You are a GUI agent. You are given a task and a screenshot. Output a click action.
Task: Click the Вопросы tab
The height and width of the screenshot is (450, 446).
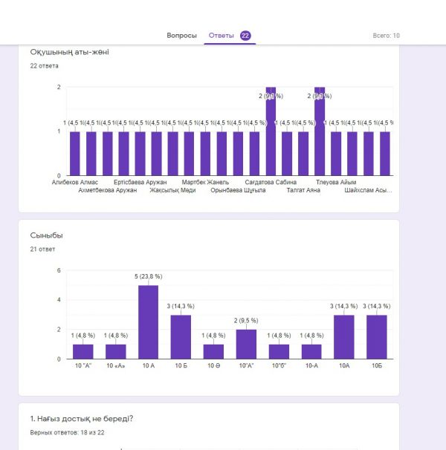(181, 36)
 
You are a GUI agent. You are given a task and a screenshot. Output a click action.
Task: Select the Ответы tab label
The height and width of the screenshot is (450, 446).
(221, 36)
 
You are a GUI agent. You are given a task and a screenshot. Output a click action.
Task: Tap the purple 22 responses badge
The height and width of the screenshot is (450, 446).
(245, 36)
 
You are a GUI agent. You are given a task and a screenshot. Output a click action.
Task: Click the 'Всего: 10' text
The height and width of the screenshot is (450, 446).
(386, 36)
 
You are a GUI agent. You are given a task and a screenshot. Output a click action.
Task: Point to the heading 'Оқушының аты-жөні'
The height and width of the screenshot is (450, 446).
(70, 52)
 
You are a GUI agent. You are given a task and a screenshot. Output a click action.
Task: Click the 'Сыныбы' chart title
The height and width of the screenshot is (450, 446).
(46, 235)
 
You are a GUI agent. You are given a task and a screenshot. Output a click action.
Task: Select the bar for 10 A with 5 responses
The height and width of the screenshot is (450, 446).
(148, 322)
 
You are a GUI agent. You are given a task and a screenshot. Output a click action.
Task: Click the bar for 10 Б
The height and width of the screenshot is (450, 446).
(181, 337)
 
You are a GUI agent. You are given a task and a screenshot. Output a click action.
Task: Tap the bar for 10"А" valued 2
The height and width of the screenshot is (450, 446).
(246, 345)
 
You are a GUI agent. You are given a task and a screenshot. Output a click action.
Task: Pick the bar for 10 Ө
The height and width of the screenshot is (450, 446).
(213, 352)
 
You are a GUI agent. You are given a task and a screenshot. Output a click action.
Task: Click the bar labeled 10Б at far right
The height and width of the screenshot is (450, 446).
(377, 337)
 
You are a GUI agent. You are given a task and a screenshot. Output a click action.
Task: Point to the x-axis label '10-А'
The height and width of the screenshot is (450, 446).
(311, 366)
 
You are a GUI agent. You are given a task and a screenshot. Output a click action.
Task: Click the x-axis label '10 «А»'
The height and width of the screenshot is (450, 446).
(115, 366)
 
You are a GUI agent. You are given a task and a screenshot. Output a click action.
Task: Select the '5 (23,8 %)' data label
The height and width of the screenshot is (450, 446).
(148, 276)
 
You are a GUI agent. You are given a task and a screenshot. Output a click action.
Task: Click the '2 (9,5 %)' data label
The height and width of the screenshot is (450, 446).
(246, 321)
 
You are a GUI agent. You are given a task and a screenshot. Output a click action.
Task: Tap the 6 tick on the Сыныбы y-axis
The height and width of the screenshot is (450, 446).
(59, 270)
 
